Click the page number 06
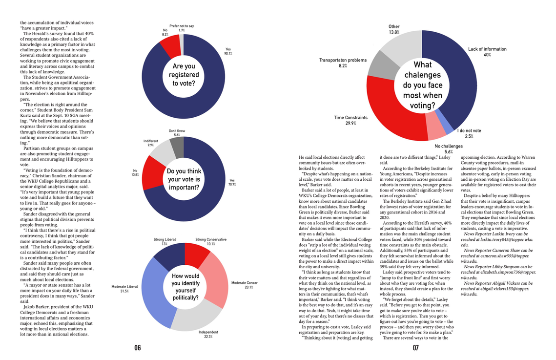138,348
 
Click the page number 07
415,348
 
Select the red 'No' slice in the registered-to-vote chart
170,46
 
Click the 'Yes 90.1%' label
228,51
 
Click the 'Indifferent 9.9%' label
151,143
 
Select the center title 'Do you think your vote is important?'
184,179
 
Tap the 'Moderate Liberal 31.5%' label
124,289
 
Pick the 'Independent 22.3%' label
208,334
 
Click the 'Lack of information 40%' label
487,52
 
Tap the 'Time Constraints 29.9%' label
350,120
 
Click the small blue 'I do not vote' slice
444,121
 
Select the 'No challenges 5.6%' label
449,149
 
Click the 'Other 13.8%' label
394,29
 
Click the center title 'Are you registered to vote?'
184,74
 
